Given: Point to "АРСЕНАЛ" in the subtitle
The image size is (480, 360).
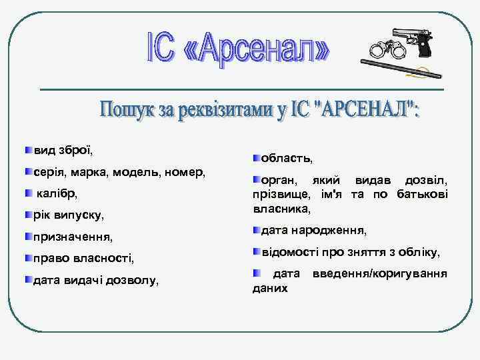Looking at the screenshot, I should pos(363,109).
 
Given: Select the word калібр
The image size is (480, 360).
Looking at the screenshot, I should pos(57,193).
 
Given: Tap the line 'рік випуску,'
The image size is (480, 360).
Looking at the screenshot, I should pos(69,215).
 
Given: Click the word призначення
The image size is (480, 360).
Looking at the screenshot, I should pos(73,237).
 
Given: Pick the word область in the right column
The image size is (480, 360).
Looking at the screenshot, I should pos(285,158).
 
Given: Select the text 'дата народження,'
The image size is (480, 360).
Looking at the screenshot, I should pos(313,231).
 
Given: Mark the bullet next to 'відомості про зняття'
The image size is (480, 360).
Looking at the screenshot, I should pos(257,252).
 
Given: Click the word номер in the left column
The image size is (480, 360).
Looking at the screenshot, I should pos(188,172).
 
